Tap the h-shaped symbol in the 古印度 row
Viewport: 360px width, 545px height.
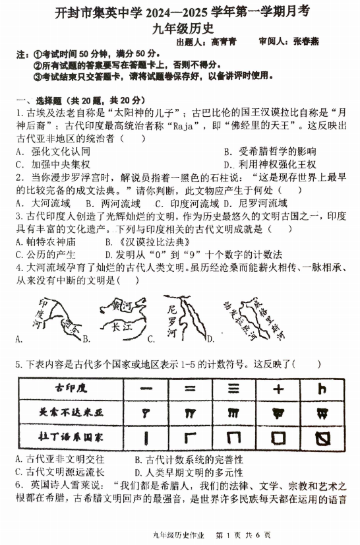pyautogui.click(x=322, y=389)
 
